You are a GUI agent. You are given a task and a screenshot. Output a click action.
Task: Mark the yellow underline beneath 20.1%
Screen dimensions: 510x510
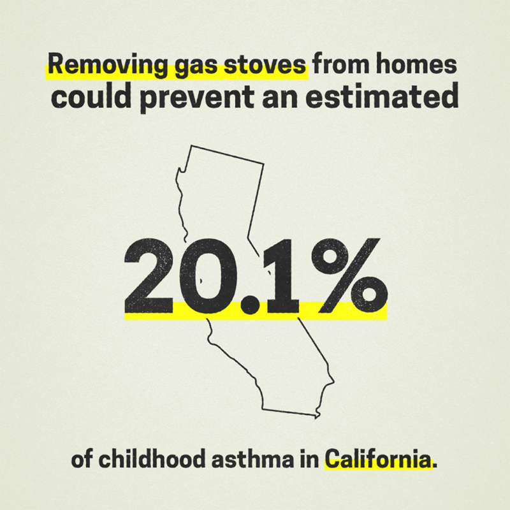[255, 314]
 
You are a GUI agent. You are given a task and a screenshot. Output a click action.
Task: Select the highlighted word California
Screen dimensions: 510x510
[377, 460]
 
